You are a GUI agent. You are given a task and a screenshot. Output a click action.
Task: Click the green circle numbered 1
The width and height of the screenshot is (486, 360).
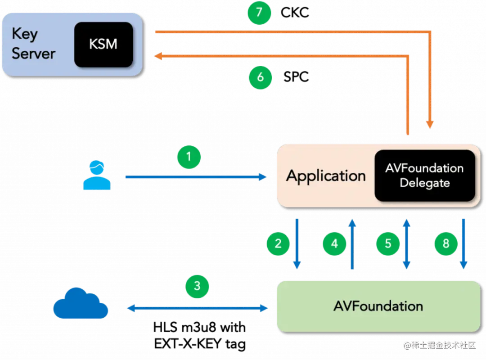coord(189,157)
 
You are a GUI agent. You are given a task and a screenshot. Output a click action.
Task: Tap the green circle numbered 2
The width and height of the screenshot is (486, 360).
coord(278,243)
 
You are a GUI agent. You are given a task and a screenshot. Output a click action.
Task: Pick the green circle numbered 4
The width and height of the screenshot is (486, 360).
coord(334,243)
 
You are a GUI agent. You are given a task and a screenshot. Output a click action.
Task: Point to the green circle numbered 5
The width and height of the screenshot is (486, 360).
coord(388,243)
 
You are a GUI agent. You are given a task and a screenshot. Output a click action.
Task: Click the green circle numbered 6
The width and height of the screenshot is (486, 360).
coord(260,77)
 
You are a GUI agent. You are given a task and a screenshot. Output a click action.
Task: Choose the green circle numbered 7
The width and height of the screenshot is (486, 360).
coord(259,12)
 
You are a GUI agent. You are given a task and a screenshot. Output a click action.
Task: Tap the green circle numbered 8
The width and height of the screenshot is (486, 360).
coord(446,243)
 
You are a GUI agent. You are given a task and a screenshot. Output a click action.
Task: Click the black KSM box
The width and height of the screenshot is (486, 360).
coord(103,45)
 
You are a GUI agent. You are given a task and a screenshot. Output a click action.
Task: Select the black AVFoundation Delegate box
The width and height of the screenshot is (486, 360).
coord(424,175)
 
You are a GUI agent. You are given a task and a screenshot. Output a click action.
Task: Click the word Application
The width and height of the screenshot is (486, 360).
coord(326,175)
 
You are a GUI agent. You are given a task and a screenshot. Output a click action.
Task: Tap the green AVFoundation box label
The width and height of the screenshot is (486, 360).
coord(378,306)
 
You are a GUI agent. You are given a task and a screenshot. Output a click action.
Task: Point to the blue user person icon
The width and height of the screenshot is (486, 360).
coord(96,176)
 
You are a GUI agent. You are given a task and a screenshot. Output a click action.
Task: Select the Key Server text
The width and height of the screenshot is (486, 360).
coord(33,44)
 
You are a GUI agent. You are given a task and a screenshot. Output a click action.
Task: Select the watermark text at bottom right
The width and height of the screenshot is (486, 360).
coord(439,345)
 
